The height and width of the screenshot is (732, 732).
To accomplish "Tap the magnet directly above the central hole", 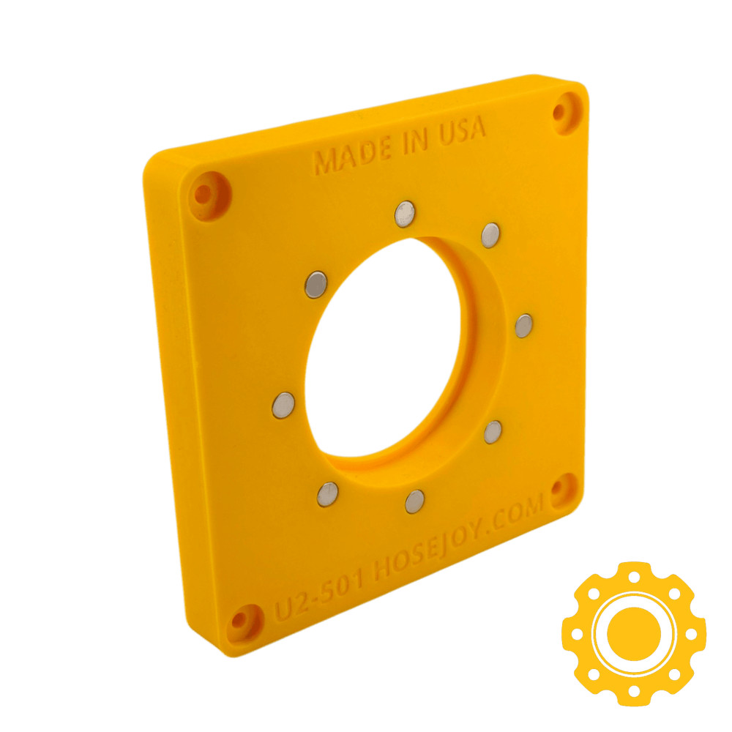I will tap(404, 214).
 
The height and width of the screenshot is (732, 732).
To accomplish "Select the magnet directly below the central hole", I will tap(414, 501).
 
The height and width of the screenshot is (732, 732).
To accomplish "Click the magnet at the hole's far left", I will tap(283, 405).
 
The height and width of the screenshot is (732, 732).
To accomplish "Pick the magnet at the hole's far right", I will tap(523, 326).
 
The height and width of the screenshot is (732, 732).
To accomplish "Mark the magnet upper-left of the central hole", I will tap(315, 284).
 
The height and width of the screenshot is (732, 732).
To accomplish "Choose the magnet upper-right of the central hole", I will tap(490, 235).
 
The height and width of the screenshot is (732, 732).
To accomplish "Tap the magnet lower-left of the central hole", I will tap(327, 494).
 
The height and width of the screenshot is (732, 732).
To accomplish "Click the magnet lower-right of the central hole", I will tap(493, 432).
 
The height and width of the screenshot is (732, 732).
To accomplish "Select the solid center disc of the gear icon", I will tap(634, 632).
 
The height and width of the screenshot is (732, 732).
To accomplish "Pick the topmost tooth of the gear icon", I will tap(634, 570).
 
